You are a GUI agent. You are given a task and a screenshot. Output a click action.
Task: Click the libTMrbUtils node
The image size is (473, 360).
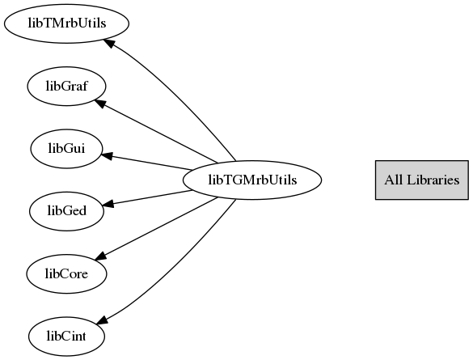coord(66,23)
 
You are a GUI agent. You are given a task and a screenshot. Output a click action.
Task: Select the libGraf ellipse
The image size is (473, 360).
coord(66,86)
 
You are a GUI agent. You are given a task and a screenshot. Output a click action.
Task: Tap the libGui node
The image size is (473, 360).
coord(66,149)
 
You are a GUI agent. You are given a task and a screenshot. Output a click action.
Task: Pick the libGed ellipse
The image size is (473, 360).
coord(66,211)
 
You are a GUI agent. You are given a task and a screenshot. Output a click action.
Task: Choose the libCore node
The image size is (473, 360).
coord(66,273)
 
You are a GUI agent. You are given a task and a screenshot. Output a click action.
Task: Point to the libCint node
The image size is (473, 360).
coord(66,337)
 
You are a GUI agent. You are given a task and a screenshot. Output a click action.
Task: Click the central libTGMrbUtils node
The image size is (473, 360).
coord(252,180)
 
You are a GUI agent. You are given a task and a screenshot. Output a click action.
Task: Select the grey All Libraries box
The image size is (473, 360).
coord(422,180)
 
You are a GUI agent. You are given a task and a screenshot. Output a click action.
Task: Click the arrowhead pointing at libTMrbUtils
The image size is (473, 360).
coord(108,43)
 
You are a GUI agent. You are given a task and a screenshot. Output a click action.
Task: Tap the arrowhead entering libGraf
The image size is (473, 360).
coord(100,104)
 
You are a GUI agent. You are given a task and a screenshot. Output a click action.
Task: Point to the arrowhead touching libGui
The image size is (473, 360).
coord(107,155)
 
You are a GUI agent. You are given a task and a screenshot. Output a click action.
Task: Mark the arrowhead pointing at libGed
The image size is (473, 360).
coord(108,204)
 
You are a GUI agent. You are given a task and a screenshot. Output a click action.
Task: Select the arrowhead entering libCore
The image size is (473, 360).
coord(101,256)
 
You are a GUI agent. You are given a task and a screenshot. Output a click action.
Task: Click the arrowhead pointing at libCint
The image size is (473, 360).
coord(102,320)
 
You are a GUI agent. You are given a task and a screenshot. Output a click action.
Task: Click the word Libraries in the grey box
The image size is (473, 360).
coord(433,180)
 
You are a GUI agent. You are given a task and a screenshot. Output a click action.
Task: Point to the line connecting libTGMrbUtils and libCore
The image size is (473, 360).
coord(156,228)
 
